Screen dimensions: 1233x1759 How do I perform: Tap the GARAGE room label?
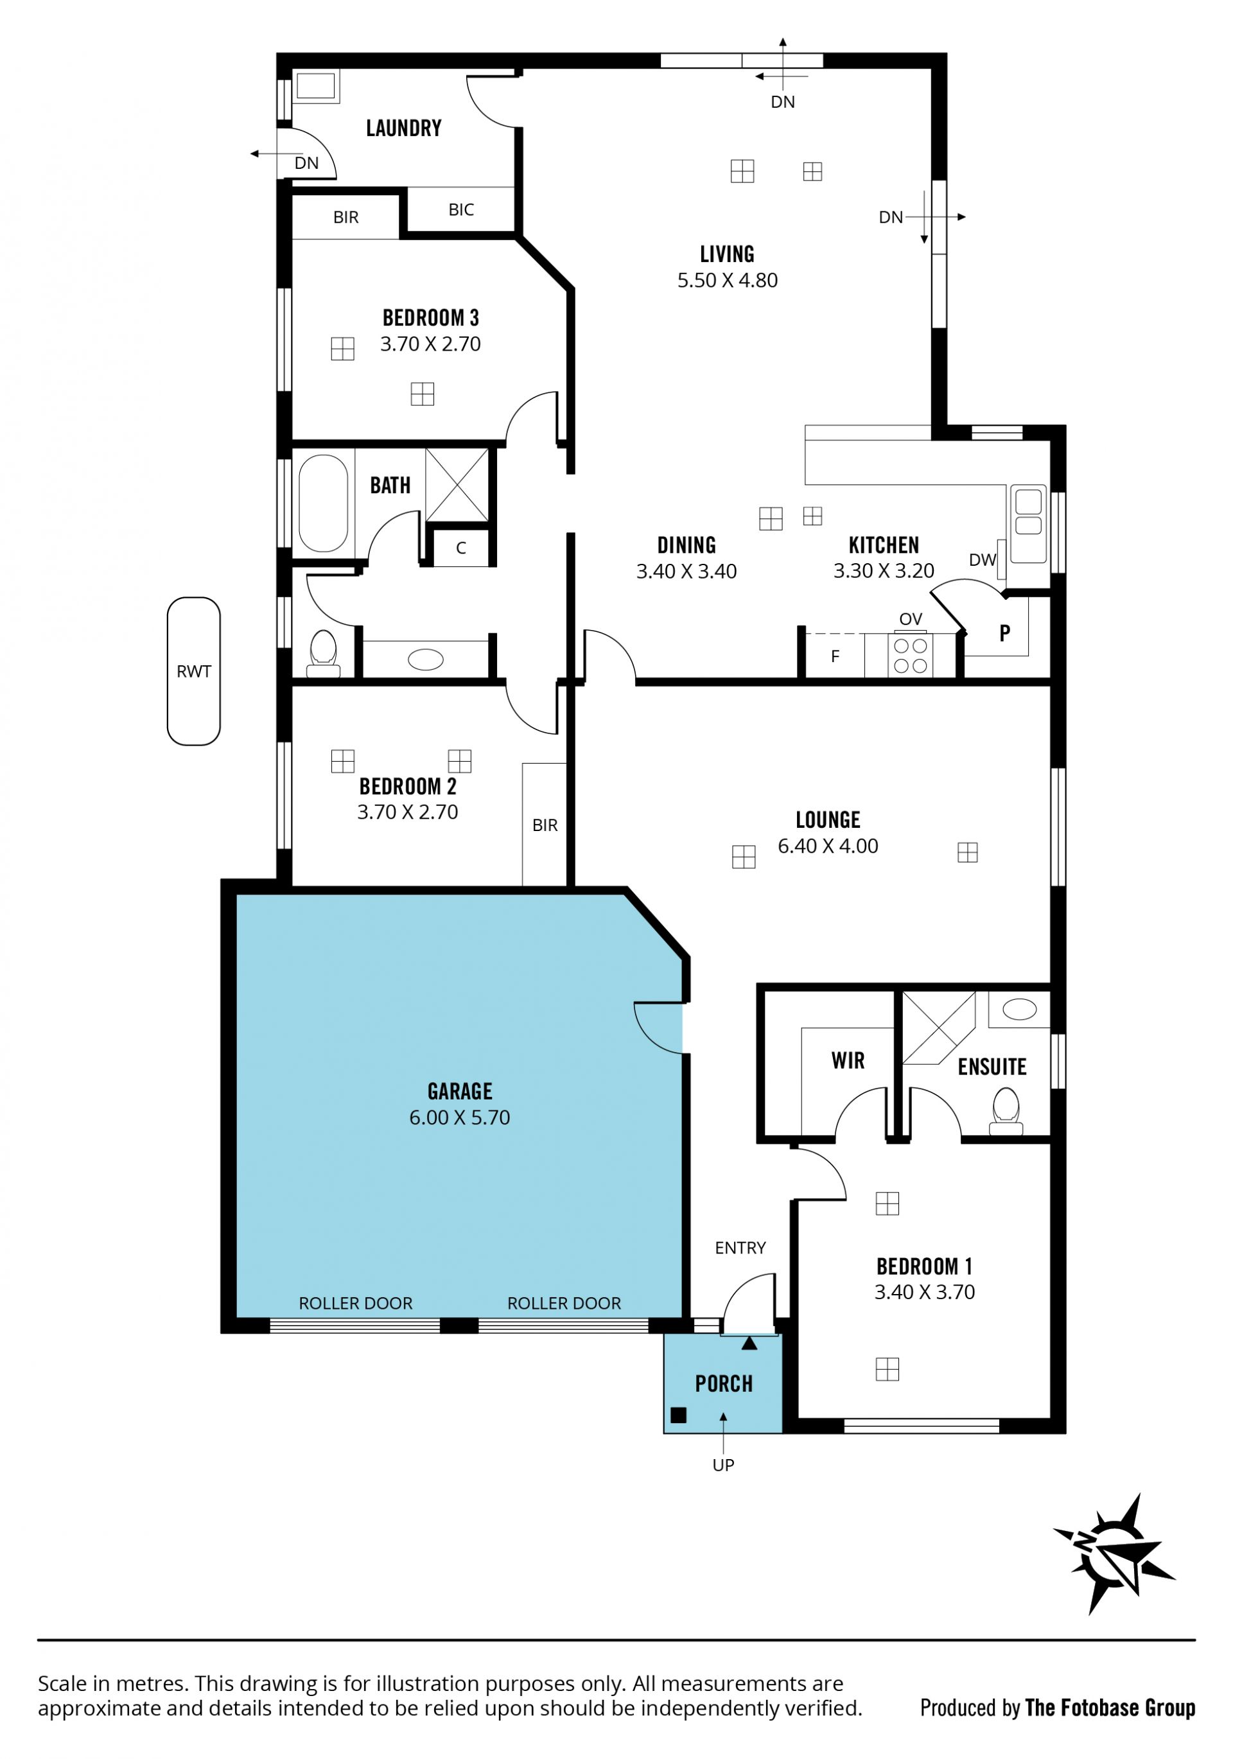(x=460, y=1090)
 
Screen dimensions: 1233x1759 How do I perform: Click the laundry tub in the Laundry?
(x=316, y=86)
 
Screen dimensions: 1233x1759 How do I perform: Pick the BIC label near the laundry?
(x=461, y=210)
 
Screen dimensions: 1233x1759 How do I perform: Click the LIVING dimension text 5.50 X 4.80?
(x=727, y=281)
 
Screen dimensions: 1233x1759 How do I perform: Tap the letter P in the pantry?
(x=1004, y=633)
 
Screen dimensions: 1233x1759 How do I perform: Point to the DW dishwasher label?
(x=983, y=560)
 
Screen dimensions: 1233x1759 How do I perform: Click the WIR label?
(x=848, y=1060)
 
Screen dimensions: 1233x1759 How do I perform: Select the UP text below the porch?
(x=723, y=1465)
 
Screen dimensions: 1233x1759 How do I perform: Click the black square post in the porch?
(x=678, y=1415)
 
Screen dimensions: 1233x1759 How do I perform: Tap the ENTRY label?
(x=740, y=1248)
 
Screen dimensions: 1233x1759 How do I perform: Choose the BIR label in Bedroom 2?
(x=545, y=825)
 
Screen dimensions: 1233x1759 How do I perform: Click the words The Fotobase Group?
(x=1110, y=1708)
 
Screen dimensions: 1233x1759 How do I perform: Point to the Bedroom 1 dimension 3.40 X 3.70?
(x=924, y=1292)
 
